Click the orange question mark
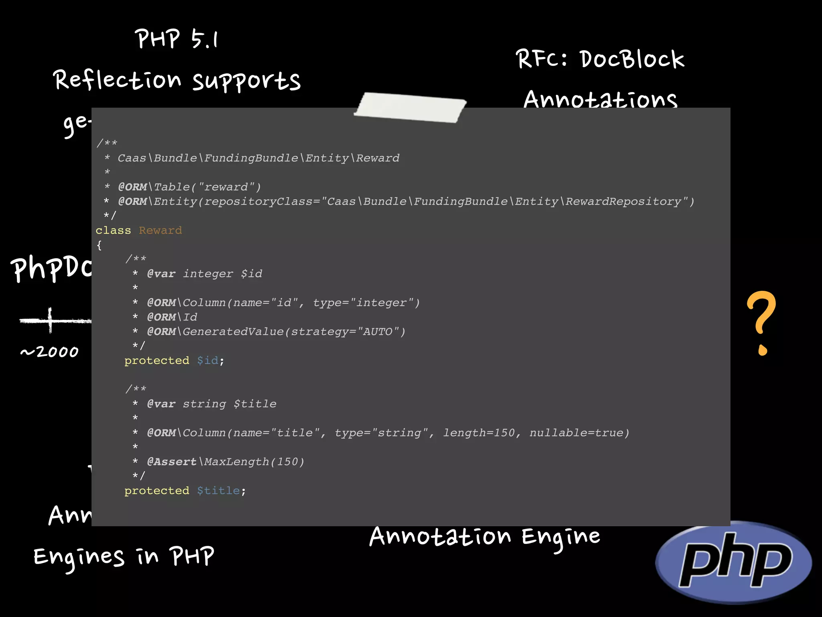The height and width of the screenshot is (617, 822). [761, 321]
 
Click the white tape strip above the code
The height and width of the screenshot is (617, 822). [410, 107]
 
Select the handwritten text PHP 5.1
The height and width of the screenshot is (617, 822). [176, 39]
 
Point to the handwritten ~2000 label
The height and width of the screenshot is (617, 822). [49, 352]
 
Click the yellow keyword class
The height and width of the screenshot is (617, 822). [113, 231]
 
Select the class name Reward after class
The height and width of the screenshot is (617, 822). [160, 231]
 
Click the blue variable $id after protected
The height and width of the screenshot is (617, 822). [208, 361]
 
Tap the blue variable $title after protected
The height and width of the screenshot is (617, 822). [218, 491]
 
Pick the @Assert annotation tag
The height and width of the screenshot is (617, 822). [172, 462]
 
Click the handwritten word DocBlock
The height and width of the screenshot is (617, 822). [632, 60]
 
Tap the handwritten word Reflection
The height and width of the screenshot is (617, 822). [117, 80]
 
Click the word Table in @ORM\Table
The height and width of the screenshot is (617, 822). [172, 187]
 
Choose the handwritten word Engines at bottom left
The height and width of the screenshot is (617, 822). [79, 558]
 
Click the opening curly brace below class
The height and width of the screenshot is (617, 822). [99, 245]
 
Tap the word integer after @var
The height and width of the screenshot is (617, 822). [208, 274]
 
